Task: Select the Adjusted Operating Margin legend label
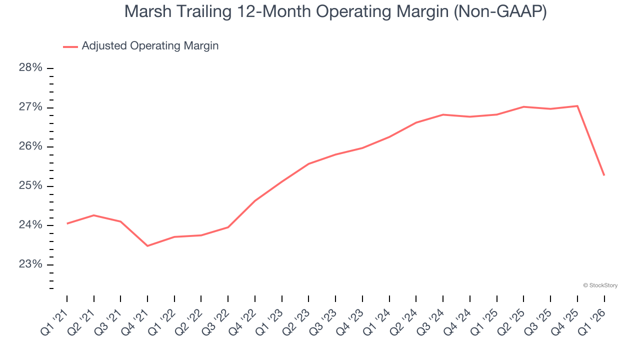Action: click(150, 46)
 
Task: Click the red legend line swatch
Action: click(70, 46)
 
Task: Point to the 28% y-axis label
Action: click(30, 68)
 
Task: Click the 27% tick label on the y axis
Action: click(30, 107)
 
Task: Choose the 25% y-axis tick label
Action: click(30, 186)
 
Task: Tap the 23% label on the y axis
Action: click(30, 264)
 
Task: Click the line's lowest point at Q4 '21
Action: click(147, 246)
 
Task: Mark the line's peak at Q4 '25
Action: click(577, 106)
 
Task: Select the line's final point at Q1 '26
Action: click(604, 175)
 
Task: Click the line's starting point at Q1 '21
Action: click(67, 223)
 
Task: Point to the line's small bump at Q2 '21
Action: click(94, 215)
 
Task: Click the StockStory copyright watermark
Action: click(600, 285)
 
